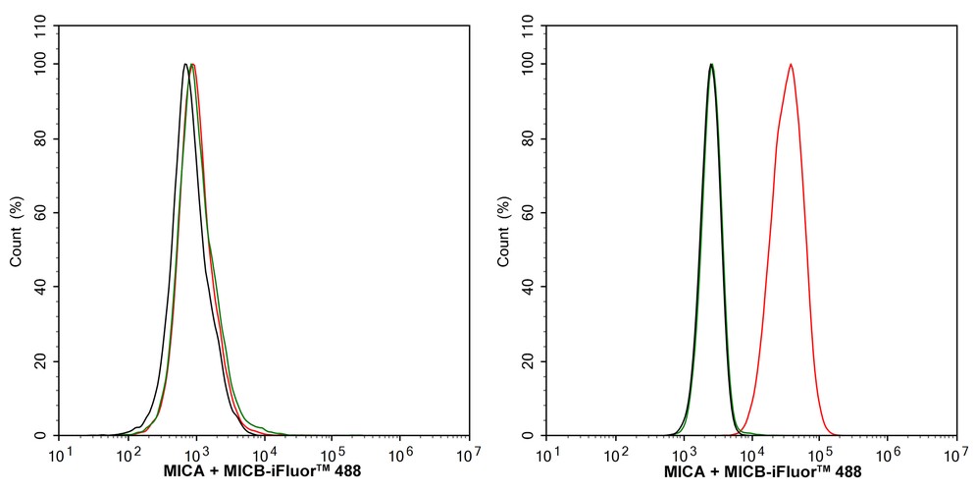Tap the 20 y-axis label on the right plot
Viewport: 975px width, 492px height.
pyautogui.click(x=533, y=361)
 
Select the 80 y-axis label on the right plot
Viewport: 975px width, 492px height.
pyautogui.click(x=533, y=138)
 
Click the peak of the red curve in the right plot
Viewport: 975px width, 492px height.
pyautogui.click(x=791, y=64)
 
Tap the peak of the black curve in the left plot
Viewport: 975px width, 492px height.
pyautogui.click(x=185, y=64)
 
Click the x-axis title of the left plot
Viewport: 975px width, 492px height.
pyautogui.click(x=262, y=472)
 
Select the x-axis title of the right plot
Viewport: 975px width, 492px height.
pyautogui.click(x=762, y=472)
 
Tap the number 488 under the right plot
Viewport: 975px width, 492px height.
pyautogui.click(x=848, y=472)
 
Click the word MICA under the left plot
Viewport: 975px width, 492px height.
pyautogui.click(x=180, y=472)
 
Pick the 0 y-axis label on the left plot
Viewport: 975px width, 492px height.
pyautogui.click(x=47, y=435)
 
